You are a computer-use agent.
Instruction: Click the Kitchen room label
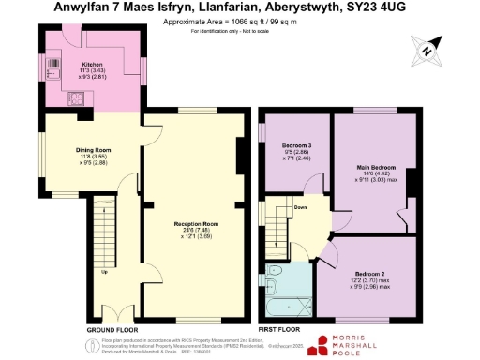(x=92, y=64)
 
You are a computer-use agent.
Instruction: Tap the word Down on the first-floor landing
(x=300, y=207)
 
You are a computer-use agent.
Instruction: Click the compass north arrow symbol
(x=428, y=49)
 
